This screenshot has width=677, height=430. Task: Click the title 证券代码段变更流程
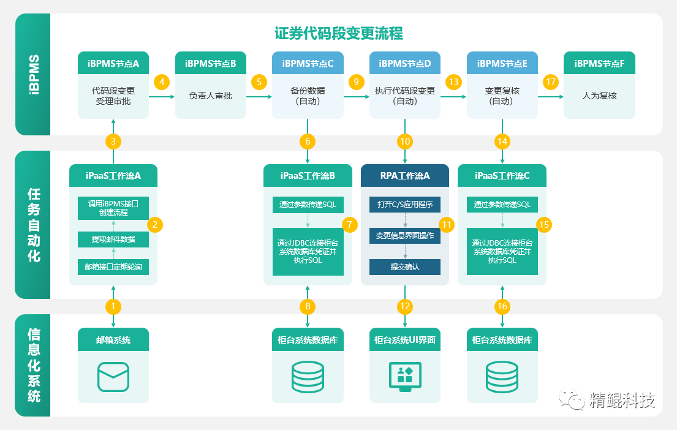[339, 33]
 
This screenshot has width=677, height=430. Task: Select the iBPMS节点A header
[113, 63]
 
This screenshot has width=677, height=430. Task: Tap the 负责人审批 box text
[210, 96]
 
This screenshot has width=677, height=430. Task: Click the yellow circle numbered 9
[357, 81]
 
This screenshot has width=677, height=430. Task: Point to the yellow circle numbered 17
[551, 81]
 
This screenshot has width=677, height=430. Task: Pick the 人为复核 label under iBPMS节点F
[599, 96]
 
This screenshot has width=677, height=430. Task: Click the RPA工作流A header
[404, 176]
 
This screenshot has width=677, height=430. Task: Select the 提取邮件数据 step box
[113, 239]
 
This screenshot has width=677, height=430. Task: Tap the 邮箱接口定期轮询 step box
[113, 267]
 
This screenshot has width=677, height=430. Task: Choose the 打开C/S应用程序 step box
[404, 205]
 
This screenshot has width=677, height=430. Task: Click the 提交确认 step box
[404, 267]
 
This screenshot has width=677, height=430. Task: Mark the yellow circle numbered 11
[447, 225]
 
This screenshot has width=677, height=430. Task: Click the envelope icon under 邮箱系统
[113, 377]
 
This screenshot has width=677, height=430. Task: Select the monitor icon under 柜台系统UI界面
[404, 375]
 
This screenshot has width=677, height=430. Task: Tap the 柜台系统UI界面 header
[404, 339]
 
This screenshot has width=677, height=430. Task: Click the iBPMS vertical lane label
[33, 75]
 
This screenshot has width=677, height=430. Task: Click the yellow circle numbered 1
[113, 306]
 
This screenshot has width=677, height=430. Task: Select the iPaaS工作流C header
[502, 176]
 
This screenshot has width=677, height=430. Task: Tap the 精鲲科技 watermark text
[622, 401]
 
